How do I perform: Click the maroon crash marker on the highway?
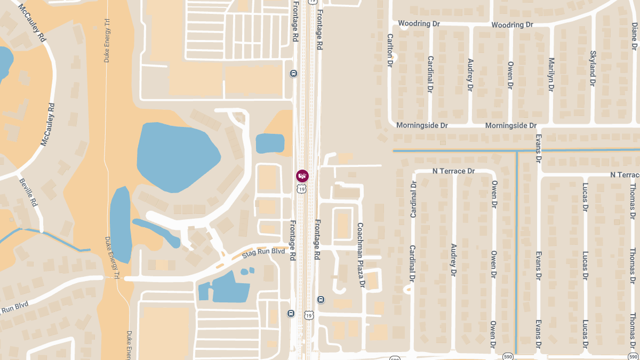tap(302, 175)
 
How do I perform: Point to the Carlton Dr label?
tap(390, 50)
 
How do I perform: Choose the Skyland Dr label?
tap(593, 69)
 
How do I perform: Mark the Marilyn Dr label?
tap(551, 75)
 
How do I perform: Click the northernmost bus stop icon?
tap(293, 73)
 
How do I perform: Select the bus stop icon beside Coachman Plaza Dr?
tap(321, 300)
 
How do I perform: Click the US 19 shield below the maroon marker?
tap(302, 189)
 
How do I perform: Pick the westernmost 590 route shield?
tap(395, 357)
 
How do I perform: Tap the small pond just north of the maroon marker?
tap(270, 143)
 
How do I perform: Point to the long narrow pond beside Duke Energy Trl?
tap(121, 224)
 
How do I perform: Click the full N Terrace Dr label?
tap(453, 171)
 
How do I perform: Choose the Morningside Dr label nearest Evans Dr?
tap(510, 125)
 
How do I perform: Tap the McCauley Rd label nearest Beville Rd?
tap(49, 124)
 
